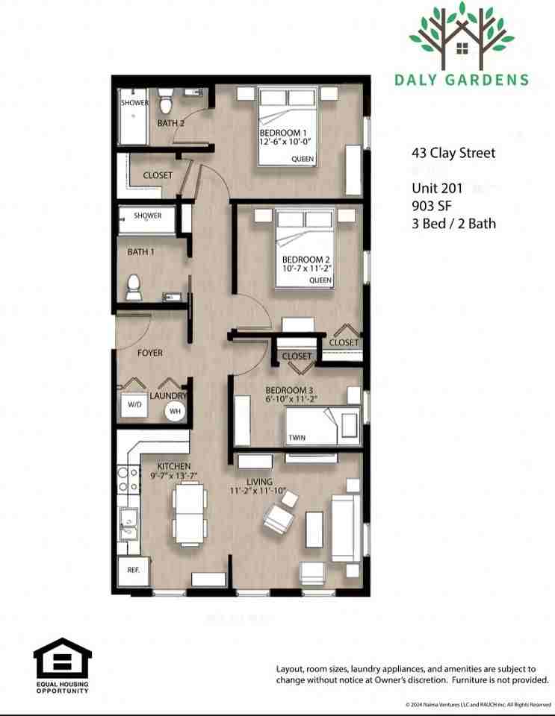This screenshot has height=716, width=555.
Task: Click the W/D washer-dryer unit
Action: pos(134,406)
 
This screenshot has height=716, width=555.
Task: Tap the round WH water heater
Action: pos(175,410)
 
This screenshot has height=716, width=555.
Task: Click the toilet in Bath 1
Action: pos(134,287)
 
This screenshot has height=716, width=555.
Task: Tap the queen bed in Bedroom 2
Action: pos(303,249)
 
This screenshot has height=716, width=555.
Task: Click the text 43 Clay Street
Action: pos(453,154)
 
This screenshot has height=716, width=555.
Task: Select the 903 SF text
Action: pos(430,205)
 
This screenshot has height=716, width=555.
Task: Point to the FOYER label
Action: pos(151,353)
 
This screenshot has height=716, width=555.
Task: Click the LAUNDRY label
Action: pos(168,396)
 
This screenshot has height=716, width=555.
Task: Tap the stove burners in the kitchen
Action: pos(128,480)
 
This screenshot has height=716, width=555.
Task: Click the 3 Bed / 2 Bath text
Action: pos(453,223)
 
